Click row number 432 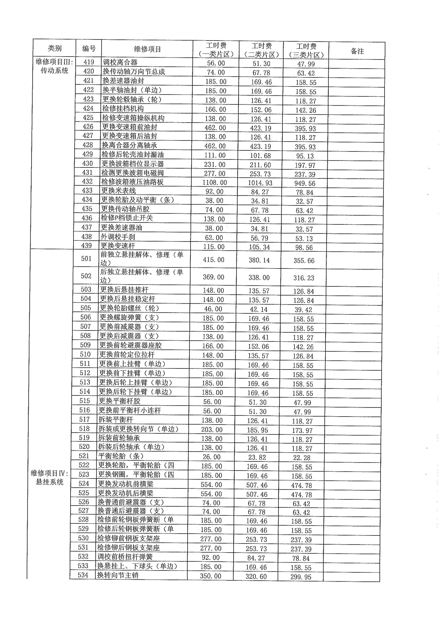point(87,182)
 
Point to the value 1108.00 point(214,182)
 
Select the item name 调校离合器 point(120,62)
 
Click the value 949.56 point(305,183)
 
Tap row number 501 point(86,259)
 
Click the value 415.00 point(213,260)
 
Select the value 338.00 point(259,278)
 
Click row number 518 point(84,429)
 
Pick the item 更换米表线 point(118,191)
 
